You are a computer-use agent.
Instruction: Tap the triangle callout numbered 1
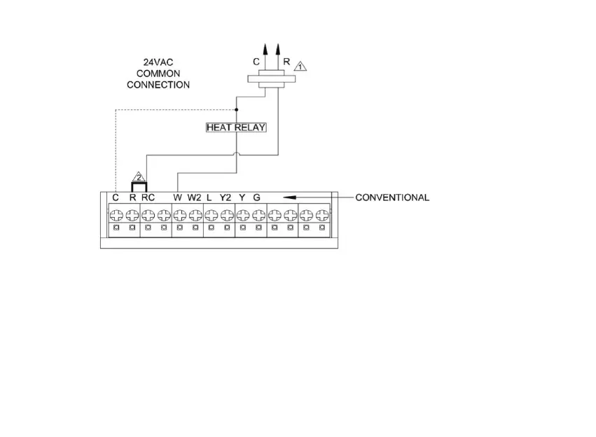click(x=299, y=67)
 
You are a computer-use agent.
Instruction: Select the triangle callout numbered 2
click(x=139, y=176)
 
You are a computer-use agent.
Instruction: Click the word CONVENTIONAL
click(x=392, y=197)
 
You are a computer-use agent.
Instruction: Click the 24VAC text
click(x=158, y=62)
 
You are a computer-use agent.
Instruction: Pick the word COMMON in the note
click(x=158, y=74)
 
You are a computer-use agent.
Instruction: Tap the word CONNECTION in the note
click(x=158, y=85)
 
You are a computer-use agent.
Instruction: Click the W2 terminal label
click(x=194, y=197)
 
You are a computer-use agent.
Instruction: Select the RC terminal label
click(x=148, y=197)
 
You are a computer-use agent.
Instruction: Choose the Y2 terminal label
click(x=226, y=197)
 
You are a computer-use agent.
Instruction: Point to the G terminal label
click(x=257, y=197)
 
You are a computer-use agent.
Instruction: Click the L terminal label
click(x=209, y=197)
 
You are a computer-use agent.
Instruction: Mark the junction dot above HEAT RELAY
click(x=236, y=109)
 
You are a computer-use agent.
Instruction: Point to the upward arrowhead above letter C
click(x=265, y=48)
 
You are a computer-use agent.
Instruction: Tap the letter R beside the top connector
click(x=286, y=62)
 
